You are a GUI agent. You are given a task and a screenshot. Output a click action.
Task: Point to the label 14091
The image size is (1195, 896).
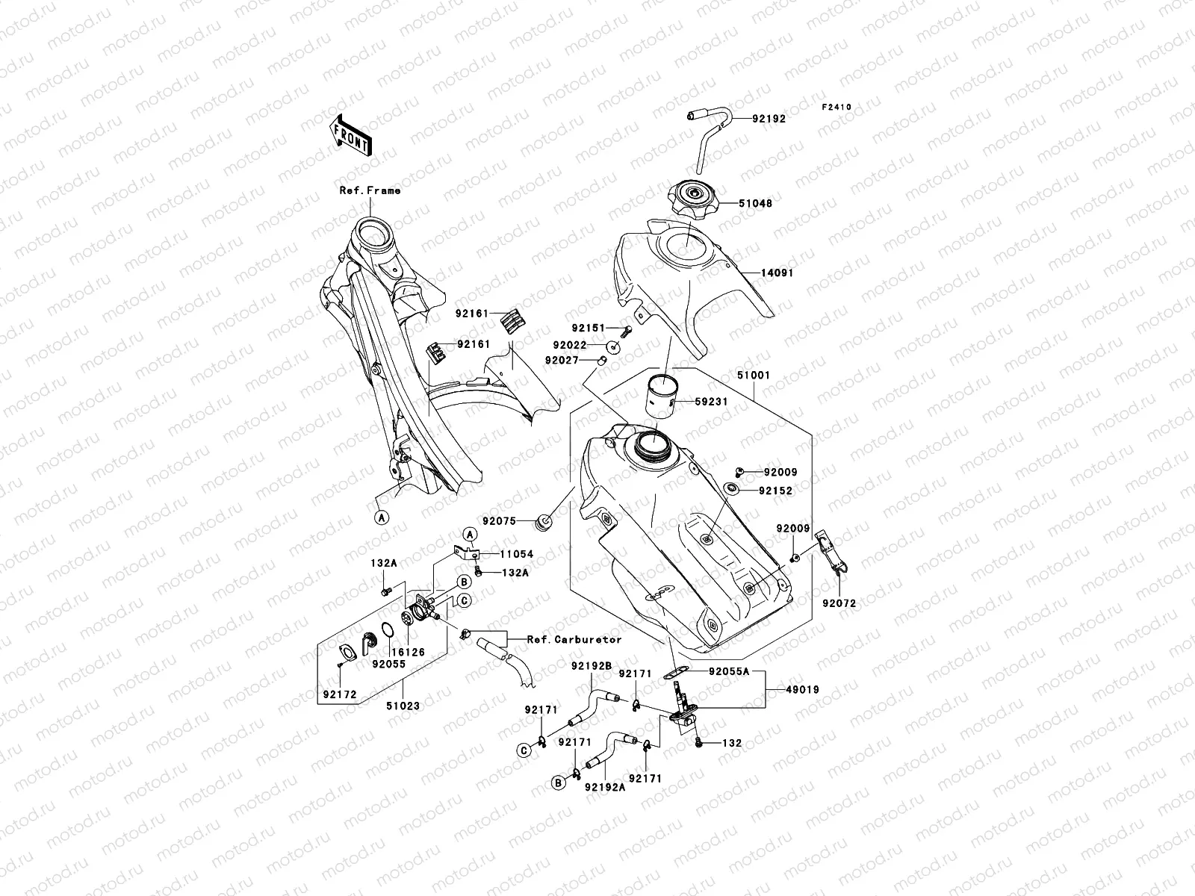(x=777, y=273)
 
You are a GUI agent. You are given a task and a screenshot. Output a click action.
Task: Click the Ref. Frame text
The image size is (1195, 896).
(x=370, y=190)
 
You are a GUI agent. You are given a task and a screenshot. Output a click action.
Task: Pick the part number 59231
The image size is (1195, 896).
(x=711, y=401)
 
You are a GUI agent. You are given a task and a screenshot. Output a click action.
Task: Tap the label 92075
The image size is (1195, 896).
(x=498, y=520)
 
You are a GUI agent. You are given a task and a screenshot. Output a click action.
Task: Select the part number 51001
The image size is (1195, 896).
(x=753, y=376)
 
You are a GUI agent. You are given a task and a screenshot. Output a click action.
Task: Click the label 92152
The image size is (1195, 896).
(x=775, y=491)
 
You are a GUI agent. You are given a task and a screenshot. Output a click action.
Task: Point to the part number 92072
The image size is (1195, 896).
(x=839, y=603)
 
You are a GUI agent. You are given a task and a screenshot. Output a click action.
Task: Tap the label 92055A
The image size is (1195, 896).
(x=729, y=671)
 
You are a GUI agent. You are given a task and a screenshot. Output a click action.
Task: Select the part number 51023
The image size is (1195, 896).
(x=403, y=704)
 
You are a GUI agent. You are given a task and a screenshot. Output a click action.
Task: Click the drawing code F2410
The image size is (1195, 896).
(x=836, y=108)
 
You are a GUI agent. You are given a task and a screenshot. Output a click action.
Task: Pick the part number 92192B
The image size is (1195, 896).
(x=592, y=665)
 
